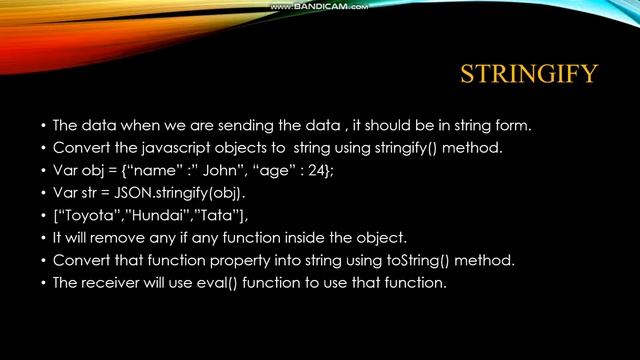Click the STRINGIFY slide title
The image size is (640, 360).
coord(528,74)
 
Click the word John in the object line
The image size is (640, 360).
coord(235,170)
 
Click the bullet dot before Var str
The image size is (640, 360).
coord(43,193)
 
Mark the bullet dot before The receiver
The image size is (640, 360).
coord(43,283)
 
